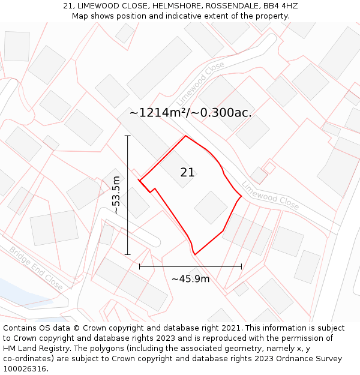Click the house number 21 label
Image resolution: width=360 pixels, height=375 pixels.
(187, 173)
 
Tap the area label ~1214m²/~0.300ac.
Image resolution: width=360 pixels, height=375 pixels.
(190, 113)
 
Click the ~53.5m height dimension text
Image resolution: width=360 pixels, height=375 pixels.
(116, 195)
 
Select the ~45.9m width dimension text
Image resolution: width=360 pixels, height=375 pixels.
(190, 278)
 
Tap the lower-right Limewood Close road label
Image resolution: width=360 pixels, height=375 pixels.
(270, 195)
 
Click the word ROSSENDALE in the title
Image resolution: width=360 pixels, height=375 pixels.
(232, 6)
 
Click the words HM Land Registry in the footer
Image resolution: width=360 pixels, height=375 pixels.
(31, 349)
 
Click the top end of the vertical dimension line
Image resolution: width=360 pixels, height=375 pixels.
(127, 136)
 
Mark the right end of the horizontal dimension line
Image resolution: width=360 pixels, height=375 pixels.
(241, 266)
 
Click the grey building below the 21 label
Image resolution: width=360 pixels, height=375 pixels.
(211, 208)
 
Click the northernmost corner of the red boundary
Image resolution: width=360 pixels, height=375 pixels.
(185, 136)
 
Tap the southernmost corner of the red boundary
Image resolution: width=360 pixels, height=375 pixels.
(195, 254)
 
